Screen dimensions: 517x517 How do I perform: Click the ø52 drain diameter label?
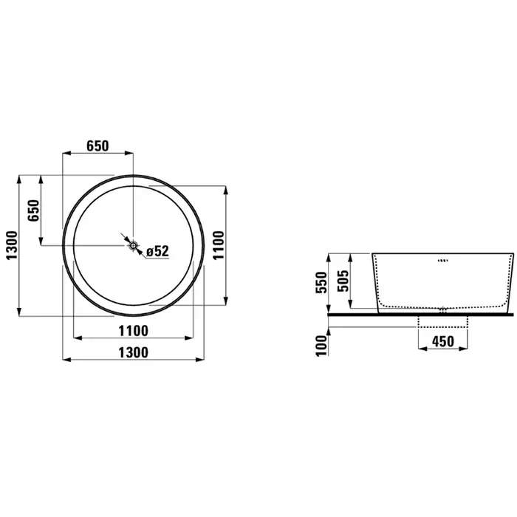click(x=157, y=251)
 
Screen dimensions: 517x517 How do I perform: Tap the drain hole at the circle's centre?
click(x=133, y=245)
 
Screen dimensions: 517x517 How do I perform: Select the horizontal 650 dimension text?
click(x=97, y=145)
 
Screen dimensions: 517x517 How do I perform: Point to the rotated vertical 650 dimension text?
click(x=34, y=210)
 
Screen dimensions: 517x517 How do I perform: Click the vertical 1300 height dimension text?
click(x=13, y=245)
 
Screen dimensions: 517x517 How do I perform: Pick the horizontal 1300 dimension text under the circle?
click(x=133, y=353)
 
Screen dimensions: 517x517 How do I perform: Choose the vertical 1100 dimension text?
click(x=219, y=245)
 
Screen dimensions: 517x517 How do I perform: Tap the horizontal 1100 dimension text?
click(x=133, y=331)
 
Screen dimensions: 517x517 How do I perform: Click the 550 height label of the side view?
click(x=321, y=282)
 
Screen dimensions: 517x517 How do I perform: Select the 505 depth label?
click(x=343, y=281)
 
